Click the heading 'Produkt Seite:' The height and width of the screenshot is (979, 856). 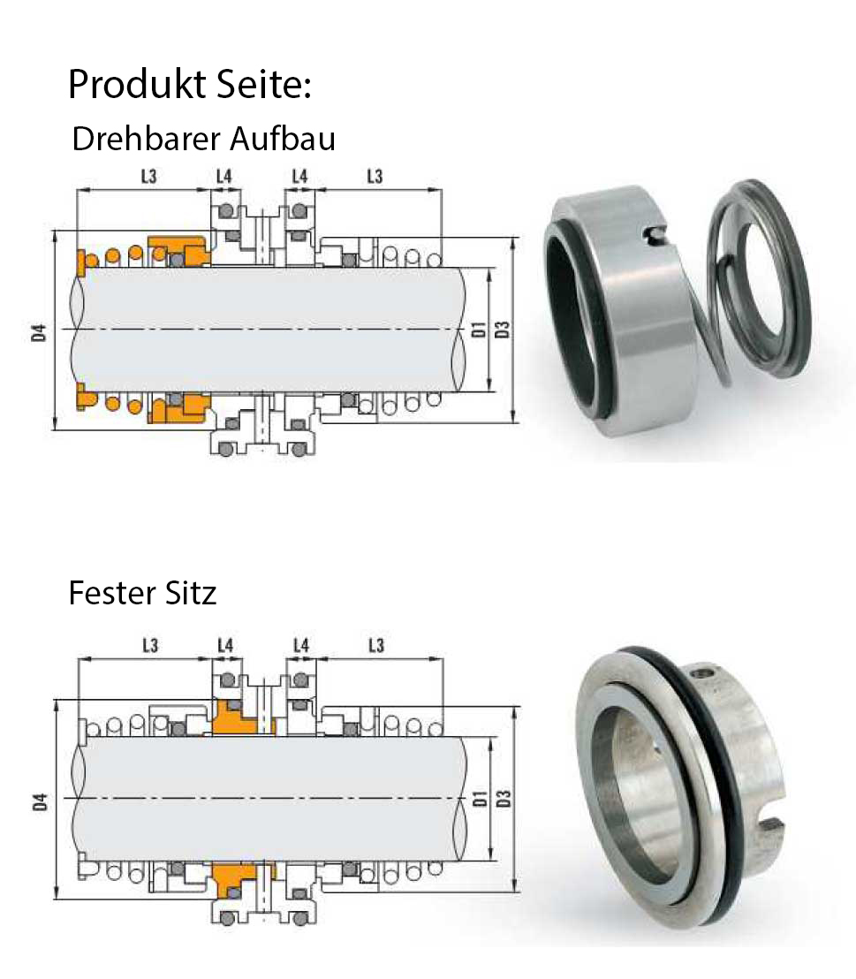tap(189, 84)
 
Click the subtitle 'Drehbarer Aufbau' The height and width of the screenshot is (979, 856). tap(203, 139)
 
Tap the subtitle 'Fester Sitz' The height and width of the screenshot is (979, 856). tap(142, 593)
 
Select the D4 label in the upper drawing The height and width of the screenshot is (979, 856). tap(40, 333)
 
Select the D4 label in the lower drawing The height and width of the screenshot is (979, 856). tap(40, 802)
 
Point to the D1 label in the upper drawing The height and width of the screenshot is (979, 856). tap(478, 330)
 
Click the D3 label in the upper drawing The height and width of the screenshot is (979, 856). tap(503, 330)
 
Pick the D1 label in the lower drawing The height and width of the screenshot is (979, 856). tap(480, 799)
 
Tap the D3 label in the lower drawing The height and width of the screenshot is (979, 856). tap(504, 799)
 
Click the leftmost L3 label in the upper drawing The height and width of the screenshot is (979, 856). tap(148, 177)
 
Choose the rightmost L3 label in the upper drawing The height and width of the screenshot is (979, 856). tap(375, 177)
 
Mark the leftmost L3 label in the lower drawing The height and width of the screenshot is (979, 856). tap(150, 646)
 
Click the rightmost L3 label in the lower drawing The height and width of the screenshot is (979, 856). tap(376, 646)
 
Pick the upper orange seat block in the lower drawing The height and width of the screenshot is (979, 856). tap(239, 717)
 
